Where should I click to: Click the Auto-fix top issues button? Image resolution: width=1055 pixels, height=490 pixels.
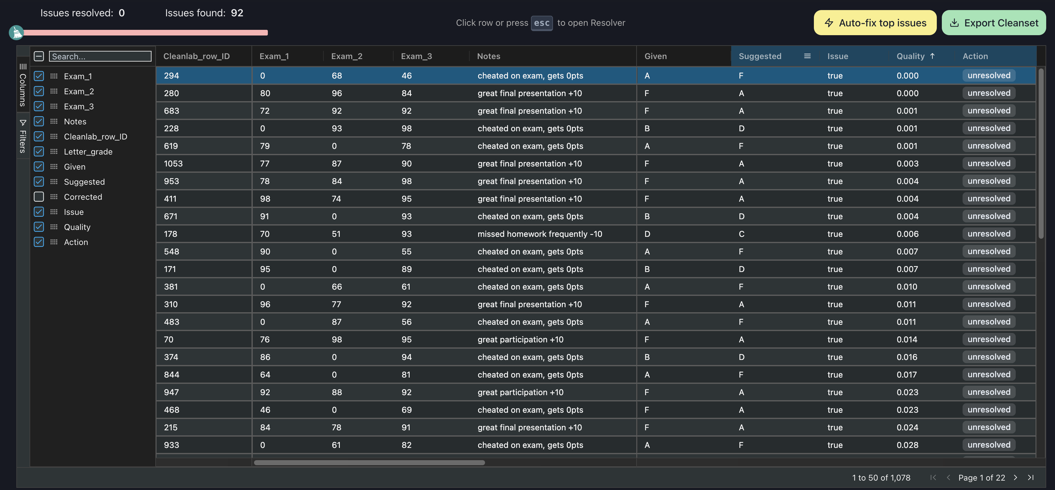875,23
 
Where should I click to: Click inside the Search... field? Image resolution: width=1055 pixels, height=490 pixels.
100,57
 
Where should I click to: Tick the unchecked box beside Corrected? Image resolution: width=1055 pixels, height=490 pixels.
39,197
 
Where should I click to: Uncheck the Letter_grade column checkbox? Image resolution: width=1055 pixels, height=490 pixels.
39,151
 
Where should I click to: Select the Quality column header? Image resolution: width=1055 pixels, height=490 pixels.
910,57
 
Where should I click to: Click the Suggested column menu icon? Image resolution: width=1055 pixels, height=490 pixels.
807,56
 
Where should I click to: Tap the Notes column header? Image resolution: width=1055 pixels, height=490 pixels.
489,57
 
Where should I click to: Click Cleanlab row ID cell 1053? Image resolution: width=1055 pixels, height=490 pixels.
173,164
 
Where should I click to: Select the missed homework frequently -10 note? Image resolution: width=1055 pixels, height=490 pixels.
539,234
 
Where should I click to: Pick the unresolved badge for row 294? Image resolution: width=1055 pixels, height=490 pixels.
989,76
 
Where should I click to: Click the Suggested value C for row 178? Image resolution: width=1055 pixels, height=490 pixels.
741,234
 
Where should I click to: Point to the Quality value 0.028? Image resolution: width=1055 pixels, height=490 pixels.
907,445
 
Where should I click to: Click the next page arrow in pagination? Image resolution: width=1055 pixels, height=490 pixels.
1015,478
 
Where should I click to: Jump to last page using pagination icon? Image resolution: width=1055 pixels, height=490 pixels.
1030,478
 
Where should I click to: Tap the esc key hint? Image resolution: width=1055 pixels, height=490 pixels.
541,23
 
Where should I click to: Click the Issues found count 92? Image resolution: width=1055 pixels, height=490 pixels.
237,13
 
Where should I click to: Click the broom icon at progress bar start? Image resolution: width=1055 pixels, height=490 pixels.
16,32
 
